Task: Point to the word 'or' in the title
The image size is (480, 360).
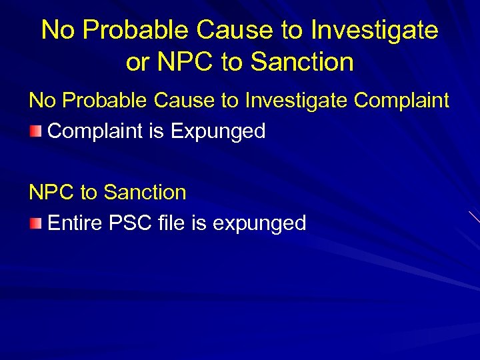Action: click(x=138, y=62)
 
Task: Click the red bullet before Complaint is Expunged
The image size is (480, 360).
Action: click(x=35, y=131)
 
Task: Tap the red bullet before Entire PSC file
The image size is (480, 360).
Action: click(x=35, y=223)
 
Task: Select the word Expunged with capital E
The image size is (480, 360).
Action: click(x=218, y=131)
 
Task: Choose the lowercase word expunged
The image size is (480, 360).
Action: click(x=259, y=223)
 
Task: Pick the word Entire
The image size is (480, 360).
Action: click(x=73, y=223)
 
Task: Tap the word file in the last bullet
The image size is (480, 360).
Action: click(x=172, y=223)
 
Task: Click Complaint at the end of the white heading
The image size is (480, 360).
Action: click(x=402, y=101)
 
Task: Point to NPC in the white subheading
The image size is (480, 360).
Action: click(x=51, y=193)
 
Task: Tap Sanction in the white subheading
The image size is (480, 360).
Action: click(x=145, y=193)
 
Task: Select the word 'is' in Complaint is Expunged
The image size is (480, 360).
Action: click(x=157, y=131)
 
